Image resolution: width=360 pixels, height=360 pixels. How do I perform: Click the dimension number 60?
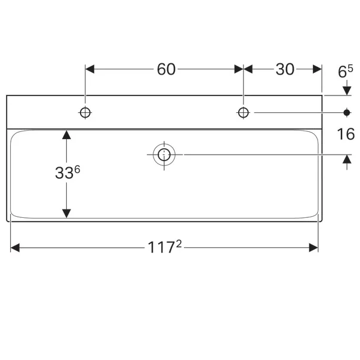(x=166, y=69)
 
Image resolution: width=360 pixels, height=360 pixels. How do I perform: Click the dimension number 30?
(x=285, y=69)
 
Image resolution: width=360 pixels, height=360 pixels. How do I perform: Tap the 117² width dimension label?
(x=165, y=247)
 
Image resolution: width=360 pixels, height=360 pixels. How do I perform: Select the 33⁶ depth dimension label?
(x=67, y=172)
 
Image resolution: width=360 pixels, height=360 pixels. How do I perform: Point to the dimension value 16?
(x=346, y=134)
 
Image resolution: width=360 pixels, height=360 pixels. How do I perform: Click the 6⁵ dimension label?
(x=345, y=71)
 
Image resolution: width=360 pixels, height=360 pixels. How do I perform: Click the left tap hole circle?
(x=85, y=112)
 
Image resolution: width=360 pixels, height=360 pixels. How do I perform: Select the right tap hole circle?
(x=244, y=112)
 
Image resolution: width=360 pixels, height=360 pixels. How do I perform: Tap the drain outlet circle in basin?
(x=164, y=155)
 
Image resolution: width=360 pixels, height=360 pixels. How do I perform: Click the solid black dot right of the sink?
(x=347, y=112)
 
